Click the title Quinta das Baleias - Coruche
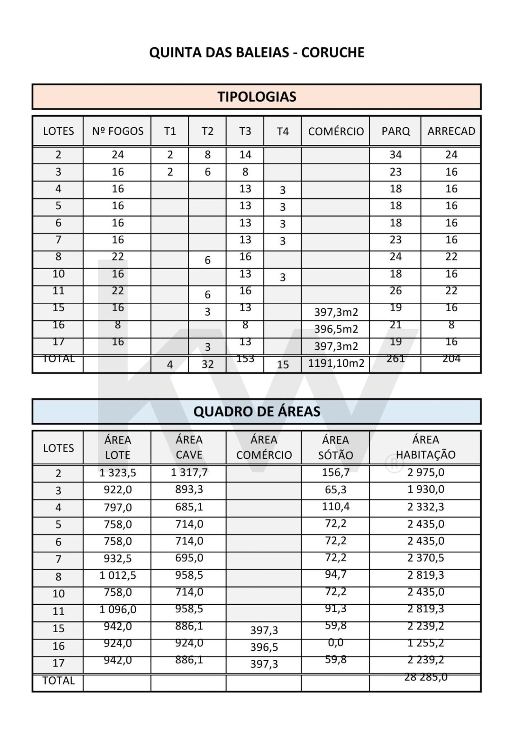(257, 53)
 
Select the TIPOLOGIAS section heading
(257, 97)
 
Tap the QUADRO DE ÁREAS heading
(257, 412)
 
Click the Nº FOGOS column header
(118, 131)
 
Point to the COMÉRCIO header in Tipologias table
(336, 131)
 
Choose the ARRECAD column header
(451, 131)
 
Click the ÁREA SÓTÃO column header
(335, 447)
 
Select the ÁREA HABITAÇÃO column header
(426, 447)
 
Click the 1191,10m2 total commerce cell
(336, 363)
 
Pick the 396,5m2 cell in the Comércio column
(336, 329)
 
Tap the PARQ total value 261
(396, 359)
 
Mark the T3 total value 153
(245, 359)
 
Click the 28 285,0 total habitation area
(426, 677)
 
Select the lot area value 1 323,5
(118, 473)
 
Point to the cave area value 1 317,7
(189, 472)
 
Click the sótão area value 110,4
(335, 506)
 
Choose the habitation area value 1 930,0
(426, 489)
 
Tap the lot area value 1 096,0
(118, 610)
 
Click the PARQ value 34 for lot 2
(396, 155)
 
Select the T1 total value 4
(170, 364)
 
